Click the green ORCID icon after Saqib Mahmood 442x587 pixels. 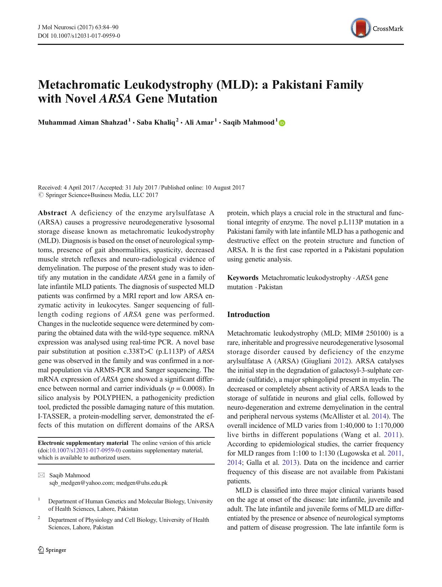click(x=282, y=123)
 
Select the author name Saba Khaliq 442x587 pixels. click(x=156, y=123)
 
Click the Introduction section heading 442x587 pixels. click(x=248, y=315)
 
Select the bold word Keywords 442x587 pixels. click(x=243, y=278)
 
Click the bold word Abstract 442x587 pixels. click(x=52, y=213)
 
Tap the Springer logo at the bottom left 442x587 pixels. click(x=52, y=550)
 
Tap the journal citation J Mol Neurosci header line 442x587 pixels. click(x=78, y=27)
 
